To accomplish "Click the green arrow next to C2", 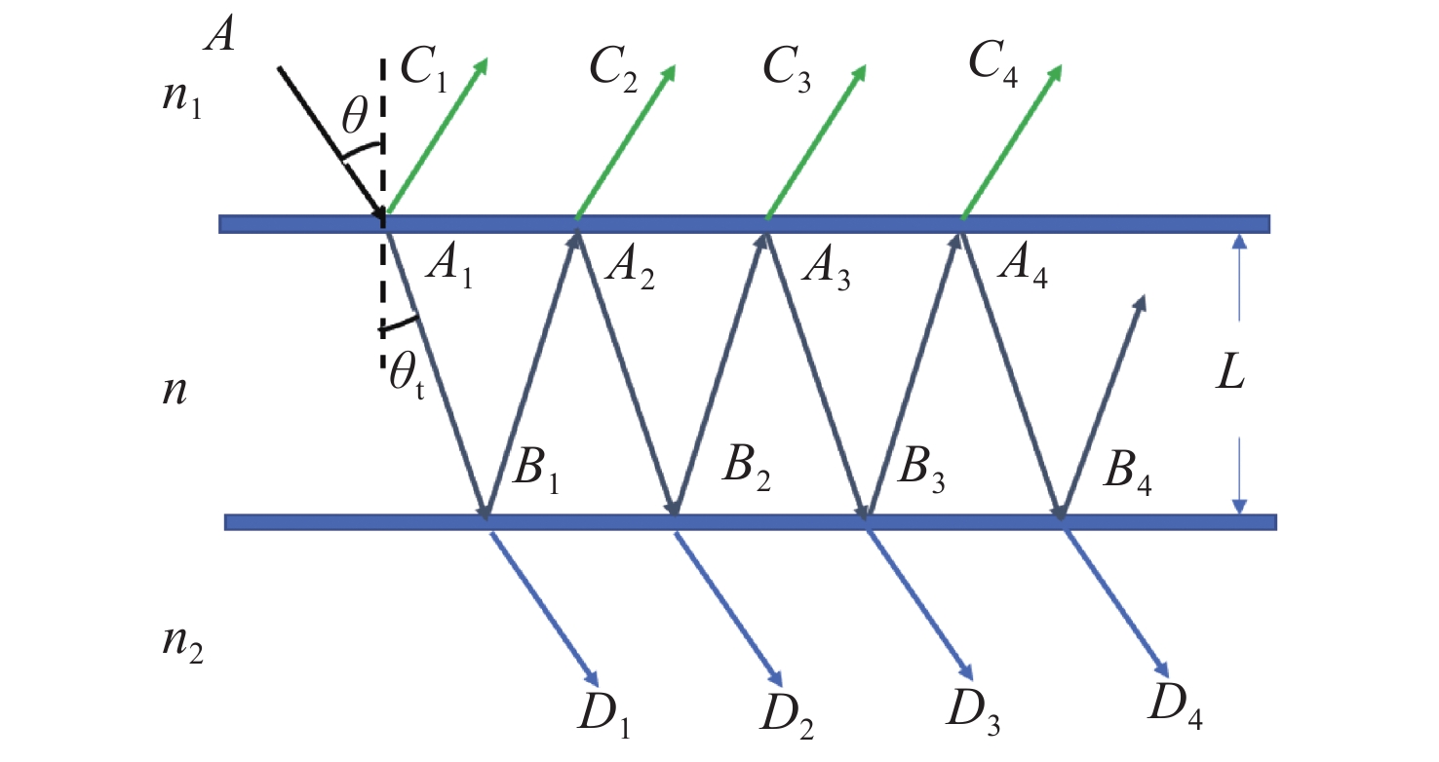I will (625, 142).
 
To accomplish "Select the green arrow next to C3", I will (816, 142).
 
